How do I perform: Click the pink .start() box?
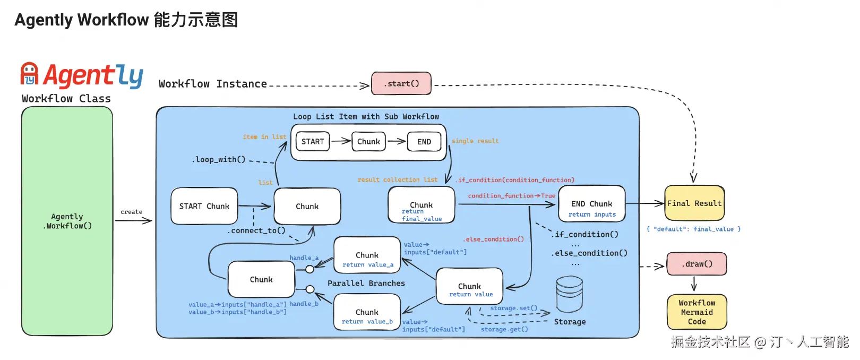click(x=401, y=83)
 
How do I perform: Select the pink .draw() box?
click(x=696, y=264)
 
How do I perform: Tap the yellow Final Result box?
click(x=694, y=203)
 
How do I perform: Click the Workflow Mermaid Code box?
click(x=696, y=312)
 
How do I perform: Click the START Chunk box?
click(x=204, y=206)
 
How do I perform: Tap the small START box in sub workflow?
click(x=313, y=142)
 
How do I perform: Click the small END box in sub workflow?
click(x=424, y=142)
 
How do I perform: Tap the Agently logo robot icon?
click(x=29, y=74)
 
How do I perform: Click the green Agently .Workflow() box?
click(x=67, y=221)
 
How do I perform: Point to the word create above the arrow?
click(x=131, y=212)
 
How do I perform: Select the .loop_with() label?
click(x=219, y=159)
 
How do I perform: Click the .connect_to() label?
click(x=256, y=230)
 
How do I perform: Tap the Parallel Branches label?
click(x=366, y=283)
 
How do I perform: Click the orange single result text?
click(x=475, y=141)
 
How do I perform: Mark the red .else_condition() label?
click(x=493, y=239)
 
